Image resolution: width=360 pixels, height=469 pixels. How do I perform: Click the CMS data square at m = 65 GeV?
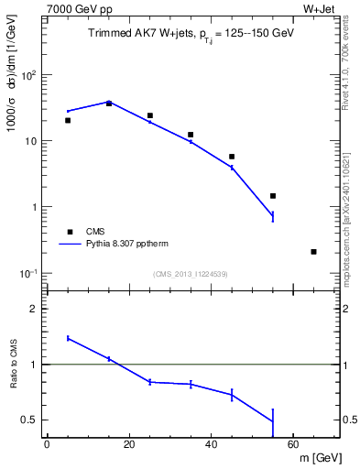pos(314,251)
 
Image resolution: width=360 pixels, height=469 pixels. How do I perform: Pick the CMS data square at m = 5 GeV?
pos(68,120)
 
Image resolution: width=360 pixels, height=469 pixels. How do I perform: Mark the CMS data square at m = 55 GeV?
pos(273,196)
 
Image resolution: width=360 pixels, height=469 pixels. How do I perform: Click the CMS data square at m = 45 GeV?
pos(232,157)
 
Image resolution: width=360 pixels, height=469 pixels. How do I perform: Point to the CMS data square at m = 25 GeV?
pos(150,115)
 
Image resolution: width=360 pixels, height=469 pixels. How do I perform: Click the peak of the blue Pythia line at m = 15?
pos(109,102)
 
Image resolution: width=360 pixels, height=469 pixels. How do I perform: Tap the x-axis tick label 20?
pos(129,445)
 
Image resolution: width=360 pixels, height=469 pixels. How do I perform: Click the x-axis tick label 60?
pos(293,445)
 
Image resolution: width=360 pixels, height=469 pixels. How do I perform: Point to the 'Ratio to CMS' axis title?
pos(13,364)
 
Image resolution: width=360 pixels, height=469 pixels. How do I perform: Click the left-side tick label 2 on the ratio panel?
pos(33,310)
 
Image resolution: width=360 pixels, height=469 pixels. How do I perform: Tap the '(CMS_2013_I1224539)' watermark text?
pos(190,274)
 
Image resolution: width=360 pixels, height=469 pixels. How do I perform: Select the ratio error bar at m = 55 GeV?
pos(273,421)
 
